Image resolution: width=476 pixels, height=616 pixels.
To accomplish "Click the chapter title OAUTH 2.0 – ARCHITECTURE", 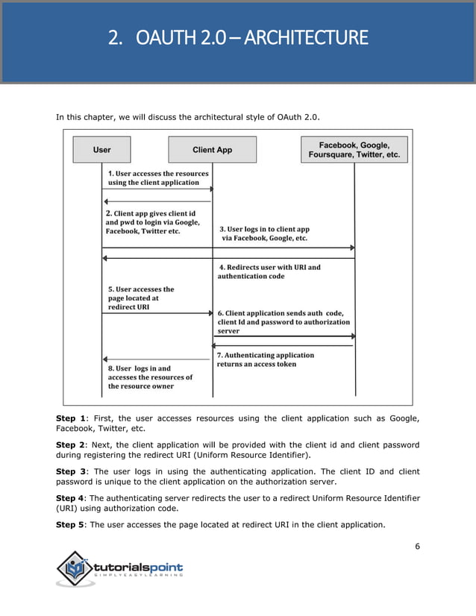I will (238, 37).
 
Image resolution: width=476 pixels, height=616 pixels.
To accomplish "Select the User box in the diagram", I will (102, 150).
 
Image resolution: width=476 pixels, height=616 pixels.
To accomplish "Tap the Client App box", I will (212, 150).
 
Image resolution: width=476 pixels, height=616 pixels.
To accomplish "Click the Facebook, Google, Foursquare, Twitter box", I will (354, 150).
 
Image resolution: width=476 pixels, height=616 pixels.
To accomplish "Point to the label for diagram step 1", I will (157, 178).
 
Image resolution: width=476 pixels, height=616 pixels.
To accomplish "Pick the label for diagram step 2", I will (152, 222).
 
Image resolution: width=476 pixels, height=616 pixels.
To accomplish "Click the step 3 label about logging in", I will (263, 234).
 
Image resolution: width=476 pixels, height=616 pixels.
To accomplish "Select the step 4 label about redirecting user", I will (269, 271).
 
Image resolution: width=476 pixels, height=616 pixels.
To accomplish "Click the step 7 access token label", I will (265, 359).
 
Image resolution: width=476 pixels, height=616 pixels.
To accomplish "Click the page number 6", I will (417, 546).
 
